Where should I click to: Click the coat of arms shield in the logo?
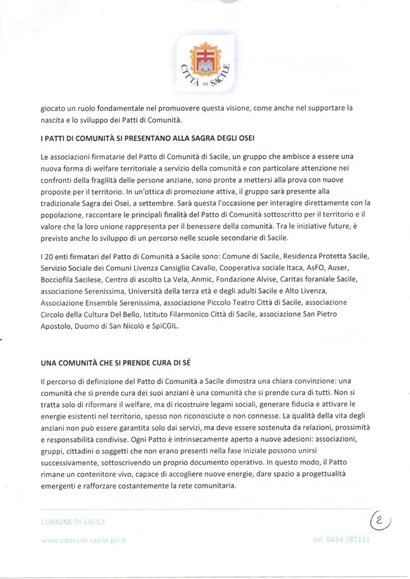205,59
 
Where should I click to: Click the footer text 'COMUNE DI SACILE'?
73,521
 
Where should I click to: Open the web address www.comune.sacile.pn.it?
83,540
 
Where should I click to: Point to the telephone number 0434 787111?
342,539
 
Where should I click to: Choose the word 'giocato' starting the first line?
54,107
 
